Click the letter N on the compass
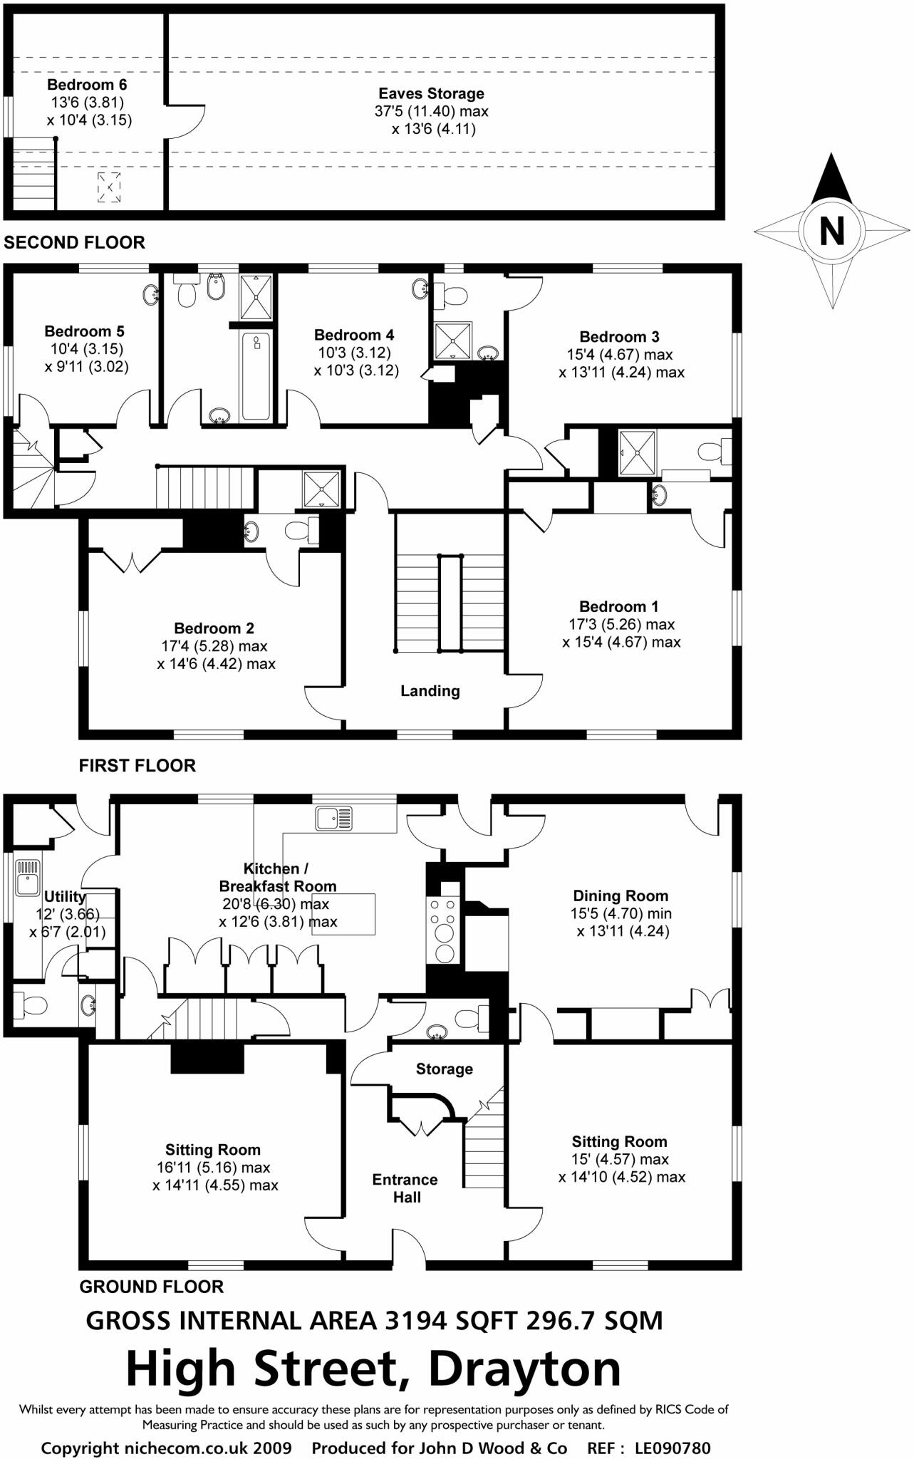831,231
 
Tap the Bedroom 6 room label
87,85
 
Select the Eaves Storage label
431,93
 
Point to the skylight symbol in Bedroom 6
109,187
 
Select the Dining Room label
620,895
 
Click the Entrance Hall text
405,1188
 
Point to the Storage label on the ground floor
444,1069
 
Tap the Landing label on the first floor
430,690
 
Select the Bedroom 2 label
214,628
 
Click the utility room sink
26,878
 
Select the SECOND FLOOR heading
74,242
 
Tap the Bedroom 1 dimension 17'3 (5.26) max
621,624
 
